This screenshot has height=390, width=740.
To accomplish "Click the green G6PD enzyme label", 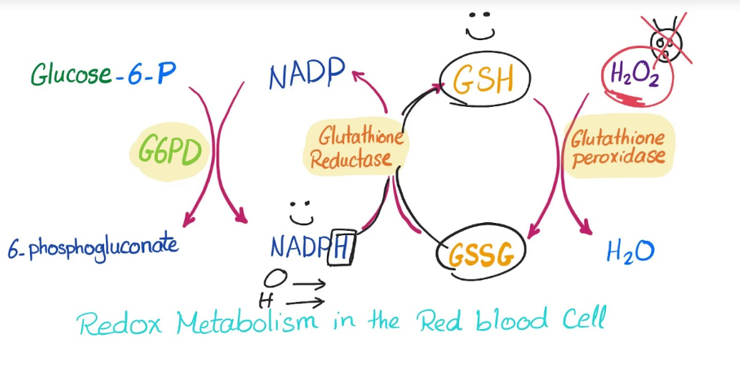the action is pos(170,151).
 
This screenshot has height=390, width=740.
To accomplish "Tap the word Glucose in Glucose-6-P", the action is pos(72,75).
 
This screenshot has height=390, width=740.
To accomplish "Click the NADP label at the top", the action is pos(307,75).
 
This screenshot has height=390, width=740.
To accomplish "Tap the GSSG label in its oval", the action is pos(481,256).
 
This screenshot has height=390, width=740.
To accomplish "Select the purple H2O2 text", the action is pos(635,75).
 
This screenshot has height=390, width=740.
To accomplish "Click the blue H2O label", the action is pos(630,252).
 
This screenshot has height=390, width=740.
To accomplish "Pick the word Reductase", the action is pos(351,159).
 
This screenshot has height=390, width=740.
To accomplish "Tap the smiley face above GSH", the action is pos(480,27).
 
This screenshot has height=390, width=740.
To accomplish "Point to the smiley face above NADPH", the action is pos(302,213).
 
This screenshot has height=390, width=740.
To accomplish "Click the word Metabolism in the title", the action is pos(247,322).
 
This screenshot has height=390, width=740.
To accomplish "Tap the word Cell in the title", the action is pos(583,318).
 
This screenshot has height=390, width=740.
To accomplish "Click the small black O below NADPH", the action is pos(275,278).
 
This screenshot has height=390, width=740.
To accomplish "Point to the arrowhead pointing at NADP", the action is pos(358,75).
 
